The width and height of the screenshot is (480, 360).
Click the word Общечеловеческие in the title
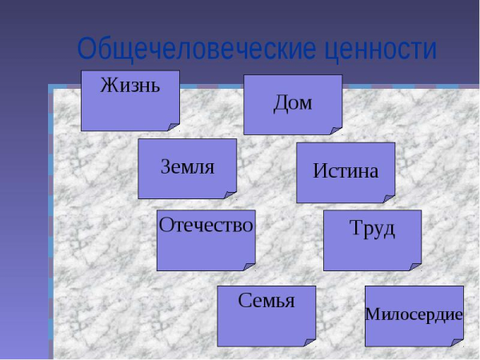point(196,50)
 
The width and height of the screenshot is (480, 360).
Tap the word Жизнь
point(130,86)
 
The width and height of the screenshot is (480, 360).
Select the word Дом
point(293,102)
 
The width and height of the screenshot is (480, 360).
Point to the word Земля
point(187,167)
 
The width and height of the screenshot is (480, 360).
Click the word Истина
point(346,170)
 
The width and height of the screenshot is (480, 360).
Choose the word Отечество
point(206,225)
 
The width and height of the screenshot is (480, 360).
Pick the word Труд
point(373,228)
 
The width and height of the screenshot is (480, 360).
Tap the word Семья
point(266,301)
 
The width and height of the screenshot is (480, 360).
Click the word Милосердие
point(414,314)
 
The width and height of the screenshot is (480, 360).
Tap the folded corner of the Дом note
point(337,130)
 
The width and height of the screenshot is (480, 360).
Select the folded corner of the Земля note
point(231,194)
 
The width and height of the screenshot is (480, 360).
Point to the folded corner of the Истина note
point(390,198)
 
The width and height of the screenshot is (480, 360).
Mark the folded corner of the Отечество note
point(250,266)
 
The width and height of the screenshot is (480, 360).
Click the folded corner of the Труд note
point(416,266)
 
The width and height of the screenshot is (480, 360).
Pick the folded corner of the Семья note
point(310,342)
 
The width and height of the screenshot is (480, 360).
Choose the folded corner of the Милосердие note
point(458,342)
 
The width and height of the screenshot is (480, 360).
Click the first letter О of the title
point(87,50)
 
